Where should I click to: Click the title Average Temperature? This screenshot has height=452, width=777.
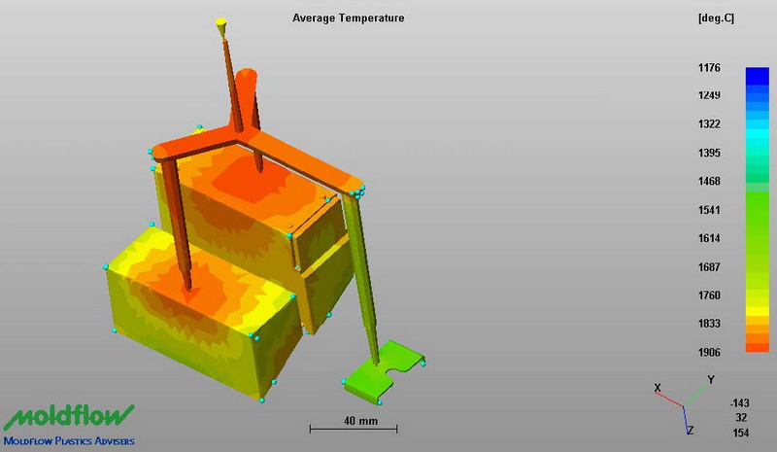[x=348, y=18]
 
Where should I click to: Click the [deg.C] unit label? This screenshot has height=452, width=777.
[x=716, y=18]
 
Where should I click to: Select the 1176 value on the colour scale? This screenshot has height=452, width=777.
[x=709, y=67]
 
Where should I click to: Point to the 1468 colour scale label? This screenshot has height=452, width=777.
[x=709, y=181]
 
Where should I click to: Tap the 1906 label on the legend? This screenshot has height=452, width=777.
[x=709, y=352]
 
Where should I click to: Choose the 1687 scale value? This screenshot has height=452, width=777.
[x=709, y=267]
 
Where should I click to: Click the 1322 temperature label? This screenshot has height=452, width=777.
[x=709, y=124]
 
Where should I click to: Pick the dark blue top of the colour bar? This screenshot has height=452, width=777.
[x=758, y=76]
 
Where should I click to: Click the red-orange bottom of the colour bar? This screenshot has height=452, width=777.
[x=758, y=347]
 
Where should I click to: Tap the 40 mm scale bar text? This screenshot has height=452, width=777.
[x=360, y=421]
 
